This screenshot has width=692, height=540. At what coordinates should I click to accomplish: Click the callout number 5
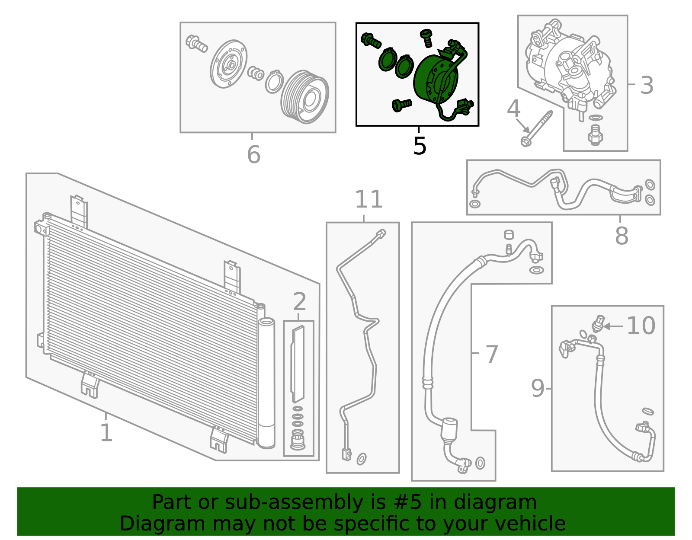pyautogui.click(x=420, y=146)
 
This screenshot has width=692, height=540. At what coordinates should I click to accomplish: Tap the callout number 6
pyautogui.click(x=254, y=154)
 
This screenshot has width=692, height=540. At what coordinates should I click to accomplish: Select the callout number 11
pyautogui.click(x=369, y=199)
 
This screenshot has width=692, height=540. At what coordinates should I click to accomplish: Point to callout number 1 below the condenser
pyautogui.click(x=106, y=432)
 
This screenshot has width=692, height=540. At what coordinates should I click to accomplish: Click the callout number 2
pyautogui.click(x=299, y=301)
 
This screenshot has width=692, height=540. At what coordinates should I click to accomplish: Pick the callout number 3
pyautogui.click(x=647, y=85)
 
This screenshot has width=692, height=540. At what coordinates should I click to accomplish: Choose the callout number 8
pyautogui.click(x=622, y=236)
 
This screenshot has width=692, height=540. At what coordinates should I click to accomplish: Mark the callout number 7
pyautogui.click(x=492, y=355)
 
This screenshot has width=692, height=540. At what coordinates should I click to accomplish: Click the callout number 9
pyautogui.click(x=538, y=388)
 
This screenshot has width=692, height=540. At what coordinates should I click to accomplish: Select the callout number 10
pyautogui.click(x=641, y=326)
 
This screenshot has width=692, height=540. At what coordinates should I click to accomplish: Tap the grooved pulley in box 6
pyautogui.click(x=305, y=97)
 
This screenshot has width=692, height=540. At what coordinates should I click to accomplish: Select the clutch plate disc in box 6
pyautogui.click(x=229, y=65)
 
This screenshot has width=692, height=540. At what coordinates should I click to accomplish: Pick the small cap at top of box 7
pyautogui.click(x=509, y=235)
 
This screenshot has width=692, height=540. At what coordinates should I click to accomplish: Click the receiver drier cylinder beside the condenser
pyautogui.click(x=266, y=383)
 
